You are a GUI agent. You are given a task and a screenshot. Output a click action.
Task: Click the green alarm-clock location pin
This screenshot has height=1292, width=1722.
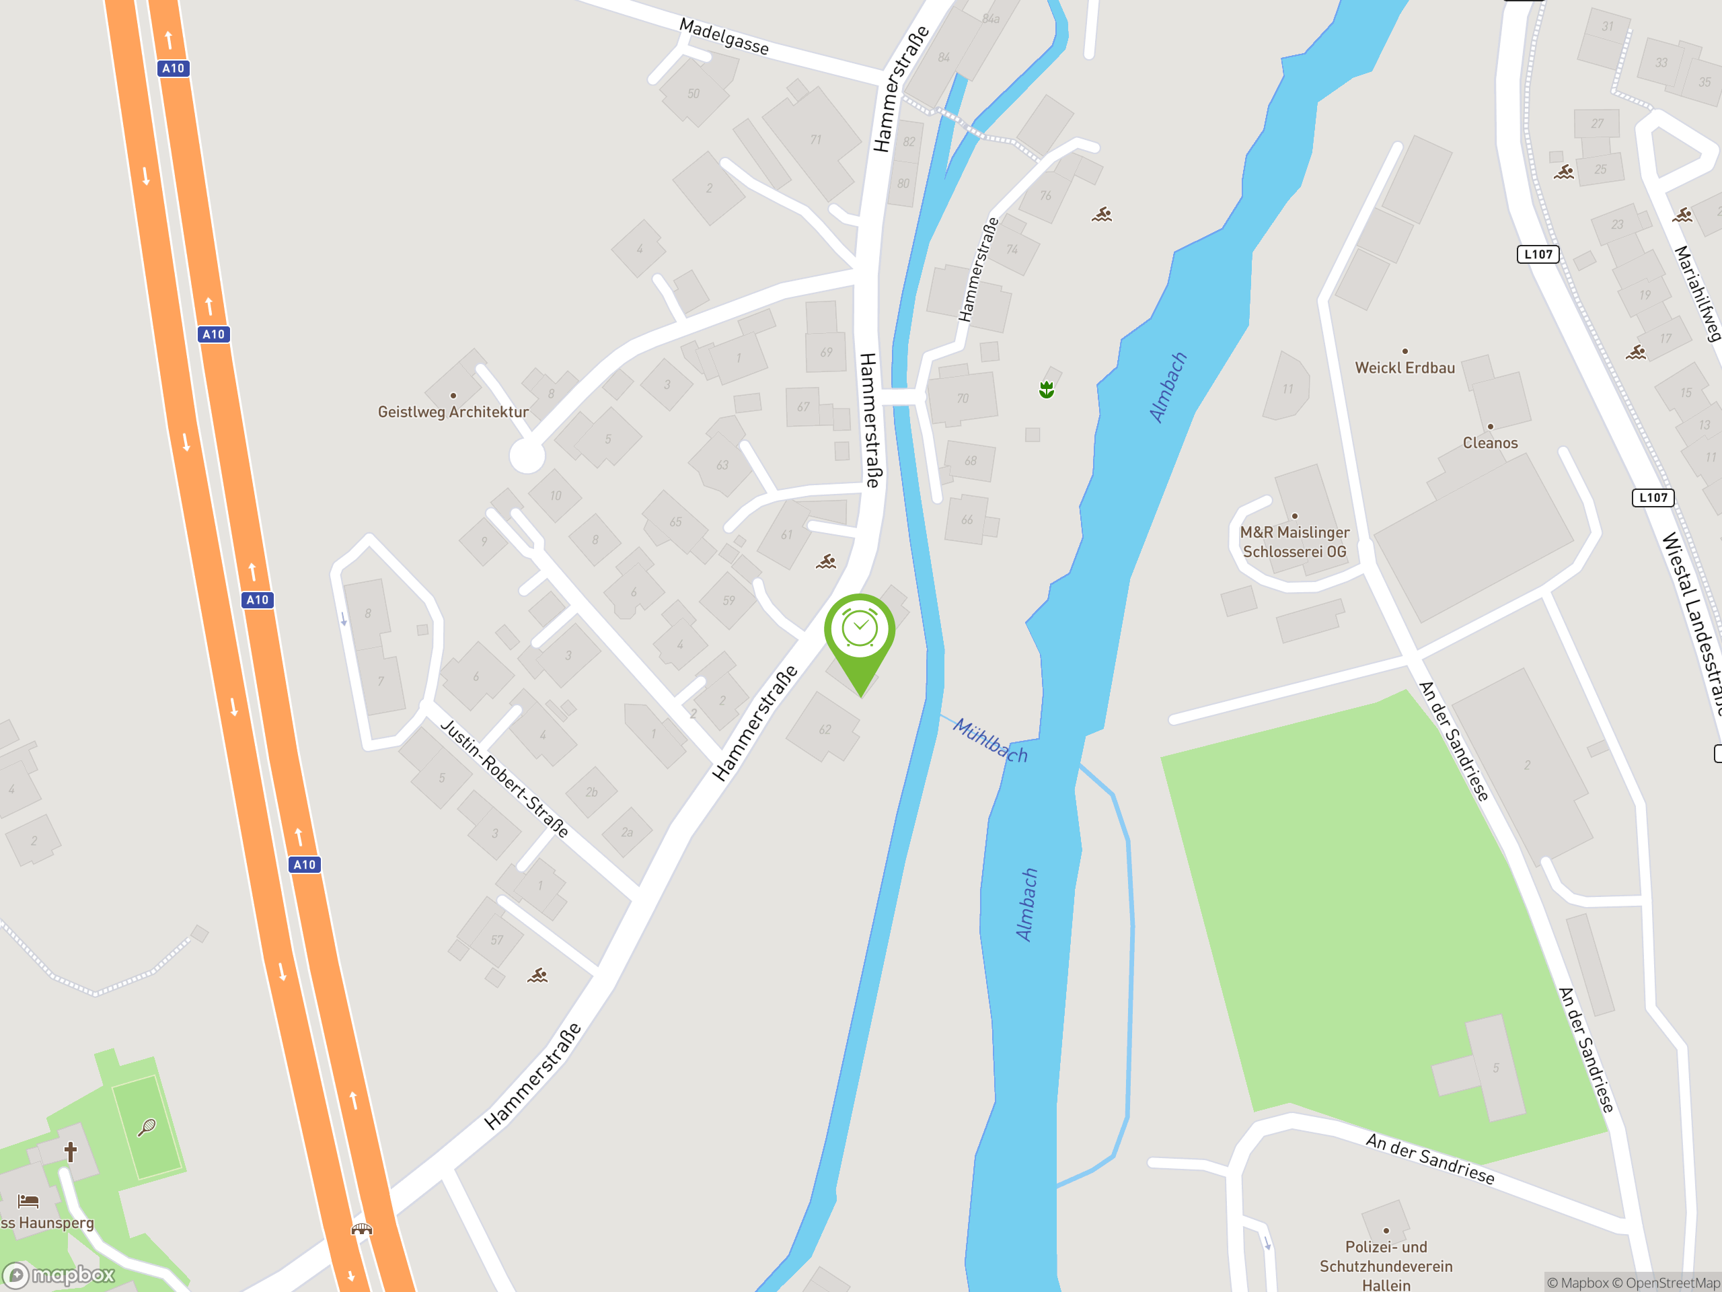pyautogui.click(x=860, y=631)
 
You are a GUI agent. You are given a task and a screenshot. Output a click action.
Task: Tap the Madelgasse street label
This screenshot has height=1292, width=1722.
pyautogui.click(x=724, y=36)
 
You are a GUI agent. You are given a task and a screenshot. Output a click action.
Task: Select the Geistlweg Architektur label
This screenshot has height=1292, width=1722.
pyautogui.click(x=453, y=412)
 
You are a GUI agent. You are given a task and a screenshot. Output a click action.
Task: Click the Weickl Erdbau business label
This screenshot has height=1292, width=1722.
pyautogui.click(x=1405, y=367)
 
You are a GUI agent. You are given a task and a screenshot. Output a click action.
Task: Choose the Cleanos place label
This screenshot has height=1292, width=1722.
pyautogui.click(x=1490, y=442)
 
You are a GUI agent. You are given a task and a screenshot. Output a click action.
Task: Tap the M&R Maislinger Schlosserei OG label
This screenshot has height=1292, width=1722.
pyautogui.click(x=1295, y=541)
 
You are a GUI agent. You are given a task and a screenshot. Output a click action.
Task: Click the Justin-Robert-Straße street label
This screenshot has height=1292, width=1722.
pyautogui.click(x=504, y=777)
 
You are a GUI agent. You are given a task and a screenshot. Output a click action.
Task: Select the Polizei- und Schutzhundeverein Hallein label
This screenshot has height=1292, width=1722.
pyautogui.click(x=1386, y=1266)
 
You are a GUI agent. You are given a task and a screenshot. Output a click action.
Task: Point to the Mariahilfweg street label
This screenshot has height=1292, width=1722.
pyautogui.click(x=1698, y=293)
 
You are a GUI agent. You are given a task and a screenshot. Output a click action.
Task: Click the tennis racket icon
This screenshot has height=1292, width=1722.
pyautogui.click(x=147, y=1127)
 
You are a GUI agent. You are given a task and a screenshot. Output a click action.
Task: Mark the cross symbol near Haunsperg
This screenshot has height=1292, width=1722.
pyautogui.click(x=71, y=1151)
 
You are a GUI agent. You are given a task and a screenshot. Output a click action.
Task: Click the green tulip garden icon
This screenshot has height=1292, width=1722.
pyautogui.click(x=1046, y=390)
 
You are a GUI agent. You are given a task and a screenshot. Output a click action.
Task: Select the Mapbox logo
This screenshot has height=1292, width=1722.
pyautogui.click(x=59, y=1275)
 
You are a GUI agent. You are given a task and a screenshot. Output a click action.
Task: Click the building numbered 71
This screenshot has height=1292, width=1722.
pyautogui.click(x=815, y=140)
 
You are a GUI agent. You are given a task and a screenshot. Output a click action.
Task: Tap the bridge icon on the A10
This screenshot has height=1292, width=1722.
pyautogui.click(x=362, y=1229)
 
